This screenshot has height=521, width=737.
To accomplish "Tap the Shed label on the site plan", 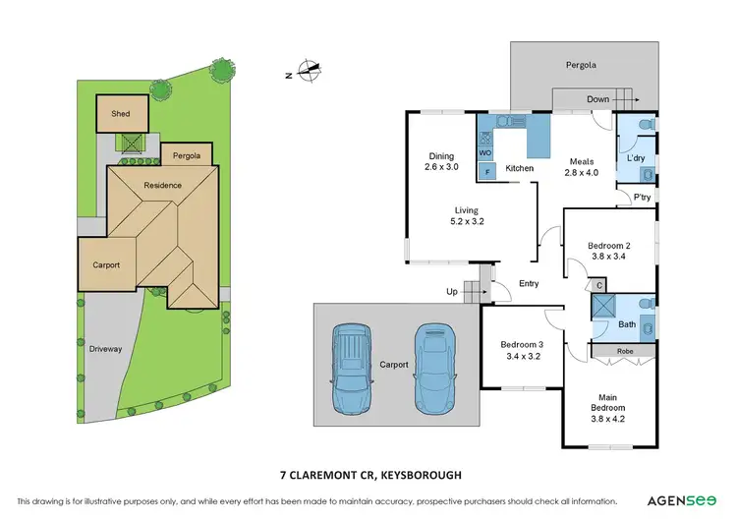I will (120, 114).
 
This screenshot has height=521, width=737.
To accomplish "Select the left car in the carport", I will (352, 369).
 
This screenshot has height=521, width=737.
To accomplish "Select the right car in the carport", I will (433, 369).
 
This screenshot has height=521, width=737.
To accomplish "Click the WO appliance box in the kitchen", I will (485, 153).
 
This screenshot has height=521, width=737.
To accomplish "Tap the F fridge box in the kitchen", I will (485, 173).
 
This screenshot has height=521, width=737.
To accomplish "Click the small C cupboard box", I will (598, 285).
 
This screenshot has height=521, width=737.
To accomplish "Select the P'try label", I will (643, 198).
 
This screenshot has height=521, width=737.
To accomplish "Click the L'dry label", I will (636, 157).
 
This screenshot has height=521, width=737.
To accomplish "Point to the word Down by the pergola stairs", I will (597, 99).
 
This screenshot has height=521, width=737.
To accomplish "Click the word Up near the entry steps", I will (451, 292).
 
